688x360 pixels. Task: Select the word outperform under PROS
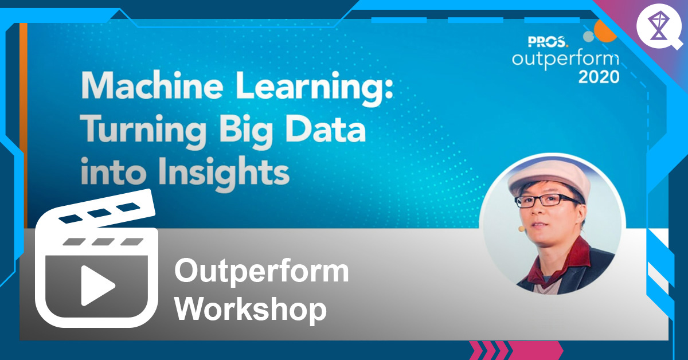[565, 59]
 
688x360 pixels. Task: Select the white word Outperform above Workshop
[261, 271]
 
